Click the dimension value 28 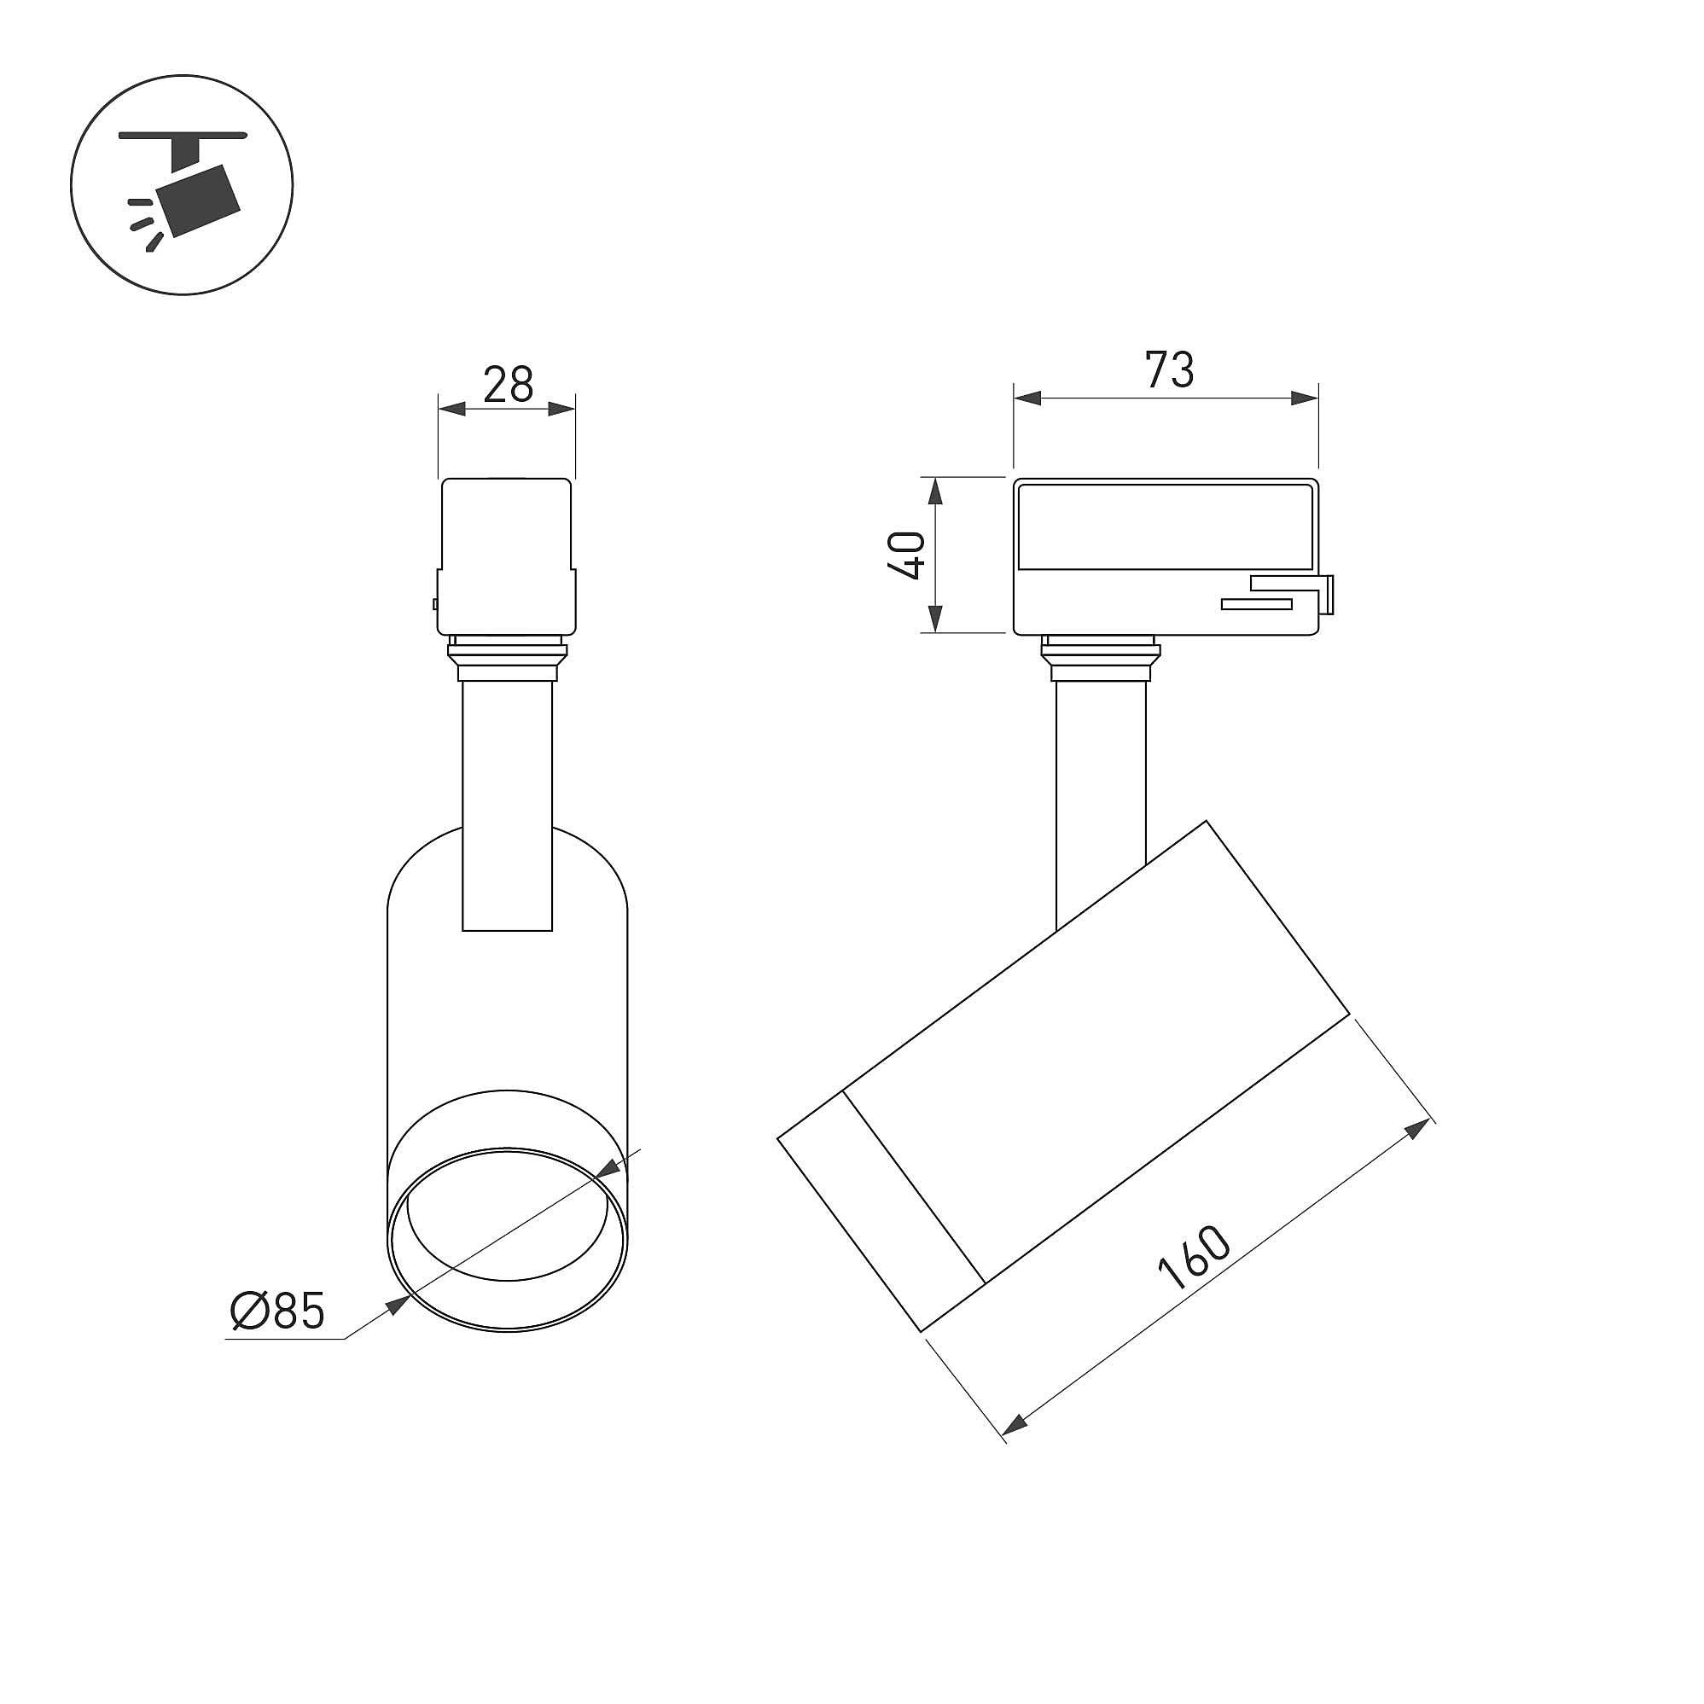pos(508,385)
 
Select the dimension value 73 pos(1170,369)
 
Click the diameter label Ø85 pos(278,1311)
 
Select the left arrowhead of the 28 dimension pos(452,409)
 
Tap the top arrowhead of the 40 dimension pos(937,492)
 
